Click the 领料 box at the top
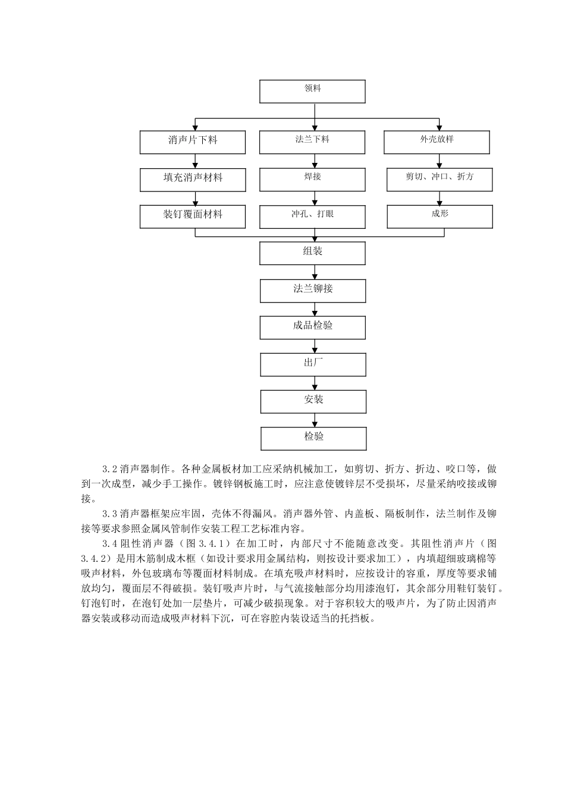click(312, 92)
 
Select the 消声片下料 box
click(193, 142)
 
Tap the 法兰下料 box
click(312, 142)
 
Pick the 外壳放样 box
click(437, 142)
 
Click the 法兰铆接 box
click(313, 291)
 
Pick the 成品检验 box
click(313, 328)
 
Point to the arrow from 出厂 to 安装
click(314, 383)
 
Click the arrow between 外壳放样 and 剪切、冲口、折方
click(439, 161)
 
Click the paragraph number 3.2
click(110, 469)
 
